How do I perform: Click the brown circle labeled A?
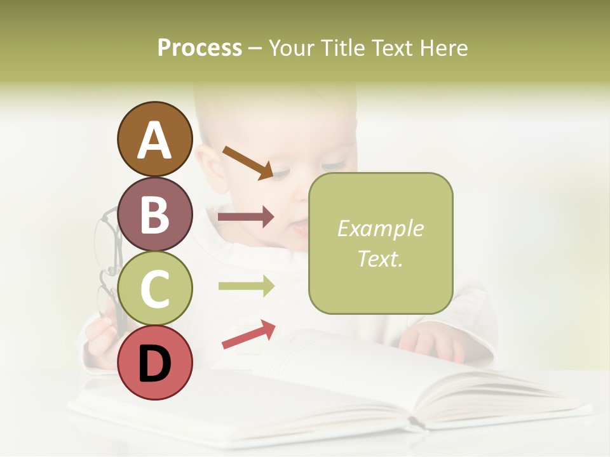154,139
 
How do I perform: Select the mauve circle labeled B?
154,214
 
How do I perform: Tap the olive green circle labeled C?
154,289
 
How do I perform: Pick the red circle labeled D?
154,362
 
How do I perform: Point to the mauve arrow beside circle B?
246,217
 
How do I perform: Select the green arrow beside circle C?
246,286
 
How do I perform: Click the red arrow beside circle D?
248,334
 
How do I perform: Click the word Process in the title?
200,48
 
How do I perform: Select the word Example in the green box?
380,228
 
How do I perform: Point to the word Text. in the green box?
380,258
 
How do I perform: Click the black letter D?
154,364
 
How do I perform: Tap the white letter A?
154,140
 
